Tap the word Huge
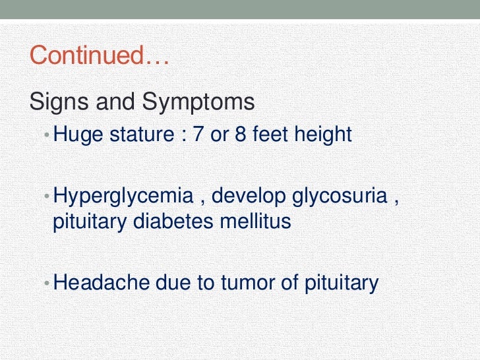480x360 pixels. (x=75, y=135)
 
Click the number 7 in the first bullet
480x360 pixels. (x=196, y=135)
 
